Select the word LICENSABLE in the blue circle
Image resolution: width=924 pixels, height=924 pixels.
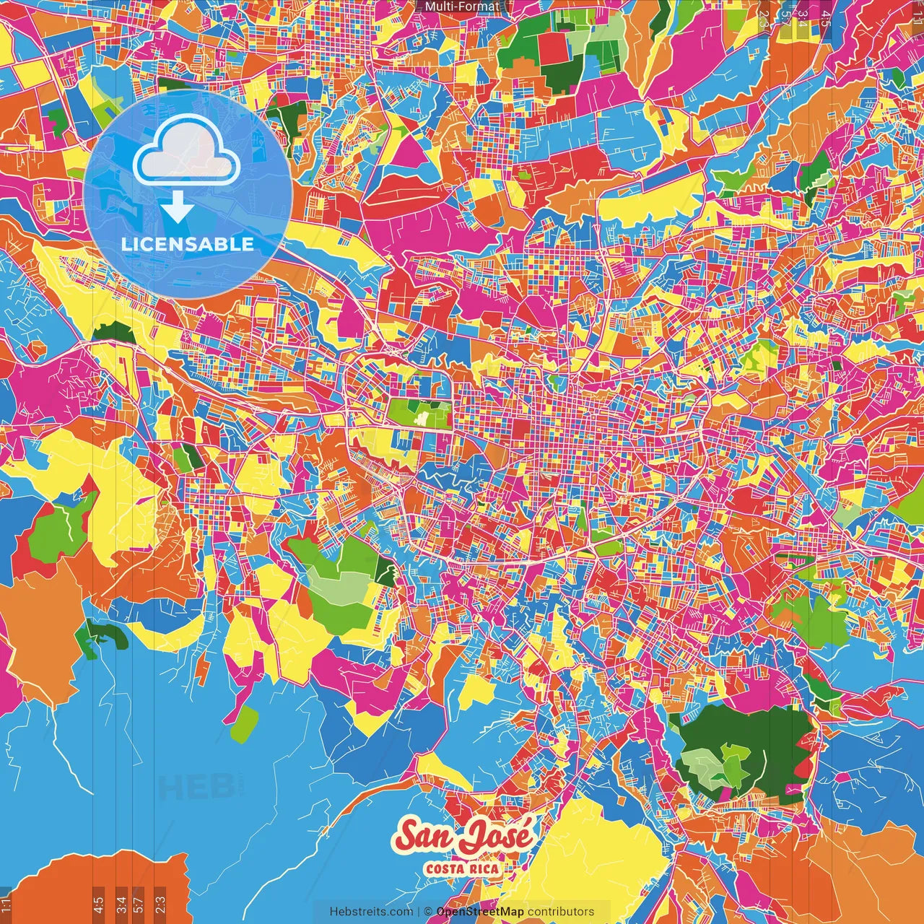tap(188, 244)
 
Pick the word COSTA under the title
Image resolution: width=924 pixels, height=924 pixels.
tap(445, 868)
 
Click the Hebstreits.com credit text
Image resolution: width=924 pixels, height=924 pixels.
tap(371, 912)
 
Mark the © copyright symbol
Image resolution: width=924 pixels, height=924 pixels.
tap(428, 912)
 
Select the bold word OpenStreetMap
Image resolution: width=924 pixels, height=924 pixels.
tap(480, 912)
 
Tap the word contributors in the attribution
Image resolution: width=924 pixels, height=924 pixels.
tap(561, 912)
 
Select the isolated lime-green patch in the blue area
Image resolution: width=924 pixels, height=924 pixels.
tap(244, 724)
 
